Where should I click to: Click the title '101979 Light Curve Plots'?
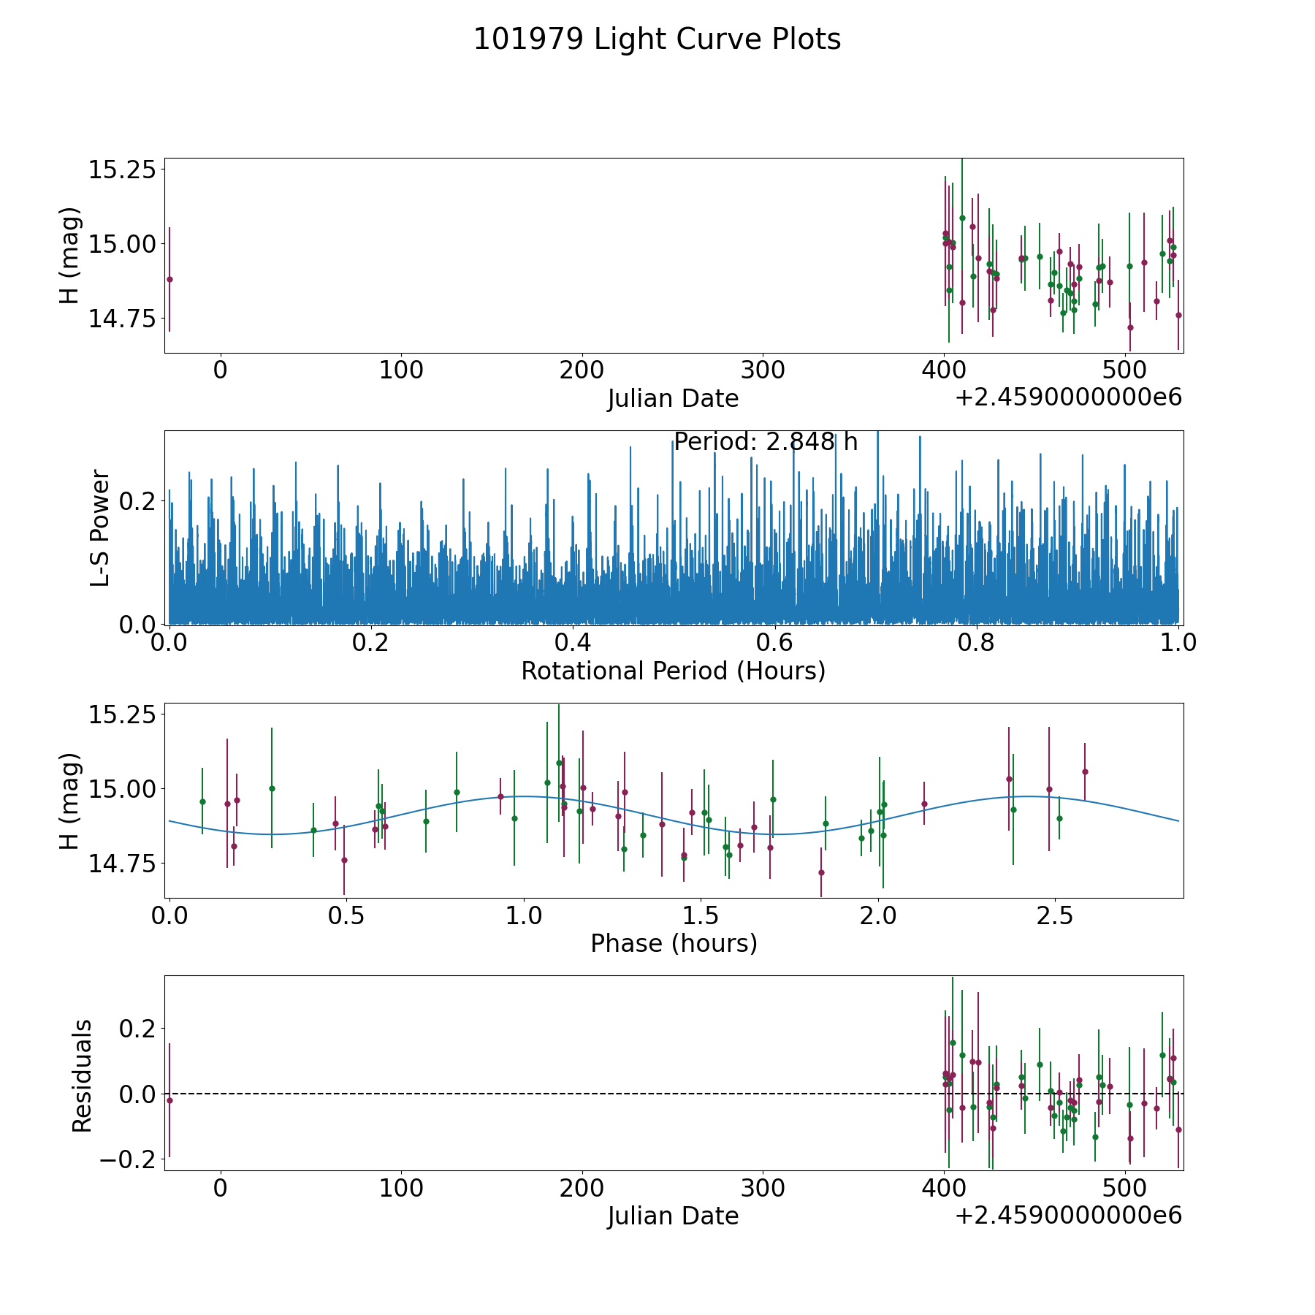(x=657, y=39)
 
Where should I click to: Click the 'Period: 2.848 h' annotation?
(x=765, y=442)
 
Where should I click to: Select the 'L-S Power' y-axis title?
(x=100, y=527)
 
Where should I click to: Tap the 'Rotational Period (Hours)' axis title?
(x=673, y=671)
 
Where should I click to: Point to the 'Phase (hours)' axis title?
(x=673, y=943)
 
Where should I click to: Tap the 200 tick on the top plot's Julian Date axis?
(x=582, y=370)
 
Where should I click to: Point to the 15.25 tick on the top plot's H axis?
(x=122, y=169)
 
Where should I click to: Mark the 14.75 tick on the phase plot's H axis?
(x=122, y=864)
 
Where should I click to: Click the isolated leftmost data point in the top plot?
(x=169, y=279)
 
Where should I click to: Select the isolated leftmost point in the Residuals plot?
(x=169, y=1100)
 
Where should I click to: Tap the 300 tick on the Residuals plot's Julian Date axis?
(x=763, y=1188)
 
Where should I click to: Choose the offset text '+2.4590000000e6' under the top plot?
(x=1068, y=398)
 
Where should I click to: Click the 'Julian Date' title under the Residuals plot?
(x=673, y=1216)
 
